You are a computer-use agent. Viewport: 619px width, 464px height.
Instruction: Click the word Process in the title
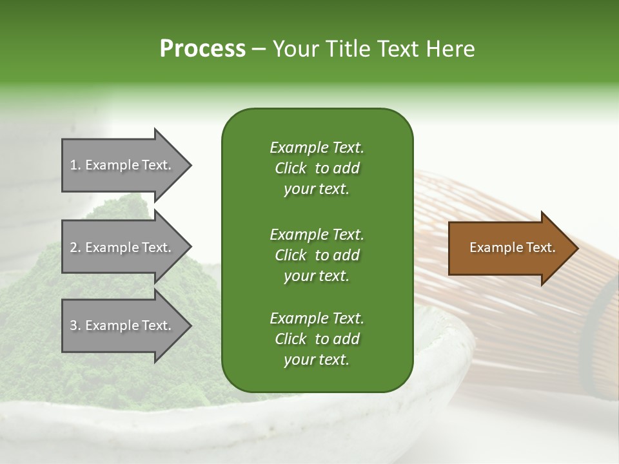[x=202, y=49]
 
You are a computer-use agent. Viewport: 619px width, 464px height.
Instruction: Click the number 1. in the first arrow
[x=75, y=165]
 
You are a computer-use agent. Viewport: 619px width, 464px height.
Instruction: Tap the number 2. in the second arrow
[x=75, y=247]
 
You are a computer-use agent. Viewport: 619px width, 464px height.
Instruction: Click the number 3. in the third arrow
[x=75, y=325]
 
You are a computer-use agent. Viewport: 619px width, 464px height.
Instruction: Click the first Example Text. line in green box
[x=317, y=148]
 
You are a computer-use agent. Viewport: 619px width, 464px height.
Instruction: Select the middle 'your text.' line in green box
[x=317, y=276]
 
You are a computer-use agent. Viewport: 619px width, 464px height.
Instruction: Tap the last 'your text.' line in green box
[x=317, y=360]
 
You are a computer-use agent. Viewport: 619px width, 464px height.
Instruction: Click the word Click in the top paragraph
[x=290, y=168]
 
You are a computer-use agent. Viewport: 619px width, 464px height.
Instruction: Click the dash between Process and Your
[x=259, y=50]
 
